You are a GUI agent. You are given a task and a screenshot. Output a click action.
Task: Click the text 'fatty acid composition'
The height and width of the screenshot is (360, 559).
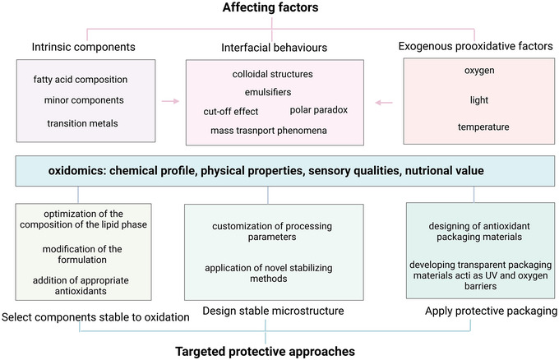point(81,79)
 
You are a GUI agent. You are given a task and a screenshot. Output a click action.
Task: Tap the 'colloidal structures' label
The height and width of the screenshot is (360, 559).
point(267,74)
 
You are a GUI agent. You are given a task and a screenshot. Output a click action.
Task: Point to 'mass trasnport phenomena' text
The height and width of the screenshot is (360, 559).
point(268,130)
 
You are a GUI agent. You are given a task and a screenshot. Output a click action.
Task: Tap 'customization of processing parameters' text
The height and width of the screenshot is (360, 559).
point(269,233)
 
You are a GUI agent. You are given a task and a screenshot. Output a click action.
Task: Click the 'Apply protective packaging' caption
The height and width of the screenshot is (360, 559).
point(481,312)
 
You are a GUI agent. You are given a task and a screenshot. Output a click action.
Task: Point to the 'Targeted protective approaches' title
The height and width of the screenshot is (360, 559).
point(266,350)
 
